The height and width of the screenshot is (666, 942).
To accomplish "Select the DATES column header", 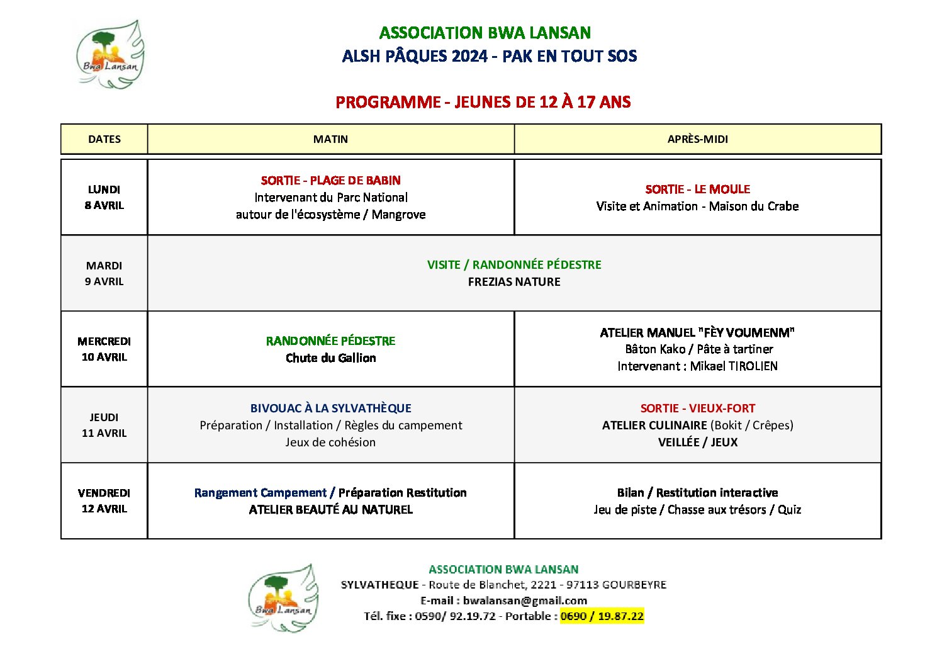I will pyautogui.click(x=104, y=139).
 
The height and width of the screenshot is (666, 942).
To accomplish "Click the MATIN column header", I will pyautogui.click(x=330, y=139).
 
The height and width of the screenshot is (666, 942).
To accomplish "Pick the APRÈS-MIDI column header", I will pyautogui.click(x=697, y=139).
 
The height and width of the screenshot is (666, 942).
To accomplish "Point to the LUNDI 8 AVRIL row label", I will pyautogui.click(x=104, y=197).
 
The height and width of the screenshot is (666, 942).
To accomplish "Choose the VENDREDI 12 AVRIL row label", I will pyautogui.click(x=104, y=500).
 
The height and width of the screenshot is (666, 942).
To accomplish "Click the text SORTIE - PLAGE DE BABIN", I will pyautogui.click(x=330, y=181).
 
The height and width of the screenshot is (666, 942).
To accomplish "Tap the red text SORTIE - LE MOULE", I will pyautogui.click(x=697, y=189).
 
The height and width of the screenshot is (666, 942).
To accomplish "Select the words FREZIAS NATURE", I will pyautogui.click(x=514, y=282).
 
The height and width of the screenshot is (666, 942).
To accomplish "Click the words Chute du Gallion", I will pyautogui.click(x=330, y=358).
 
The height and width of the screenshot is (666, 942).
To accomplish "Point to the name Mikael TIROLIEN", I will pyautogui.click(x=734, y=366).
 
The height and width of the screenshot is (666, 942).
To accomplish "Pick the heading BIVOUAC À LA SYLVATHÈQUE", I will pyautogui.click(x=330, y=409).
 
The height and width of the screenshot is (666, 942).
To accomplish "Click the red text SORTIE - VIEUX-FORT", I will pyautogui.click(x=697, y=409).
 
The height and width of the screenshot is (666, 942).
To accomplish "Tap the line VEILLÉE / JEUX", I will pyautogui.click(x=697, y=443).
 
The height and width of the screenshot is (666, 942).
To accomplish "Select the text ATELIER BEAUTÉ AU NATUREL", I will pyautogui.click(x=330, y=510).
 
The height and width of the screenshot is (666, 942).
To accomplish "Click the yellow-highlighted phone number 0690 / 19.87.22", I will pyautogui.click(x=602, y=616).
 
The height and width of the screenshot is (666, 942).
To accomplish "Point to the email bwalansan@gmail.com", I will pyautogui.click(x=525, y=601).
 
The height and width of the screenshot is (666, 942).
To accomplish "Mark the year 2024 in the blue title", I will pyautogui.click(x=469, y=57).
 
